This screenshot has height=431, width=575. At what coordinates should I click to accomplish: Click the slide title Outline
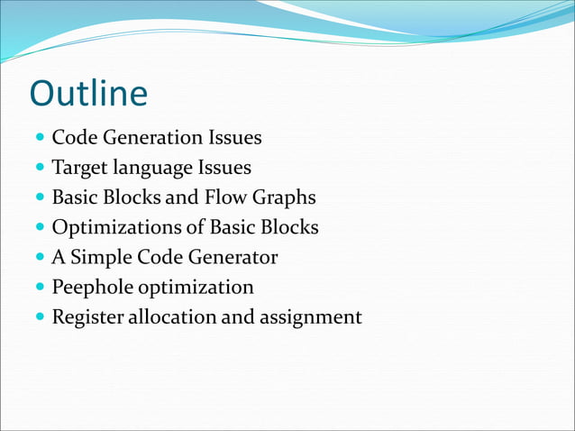88,95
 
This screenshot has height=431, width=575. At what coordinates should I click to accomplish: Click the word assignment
311,317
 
